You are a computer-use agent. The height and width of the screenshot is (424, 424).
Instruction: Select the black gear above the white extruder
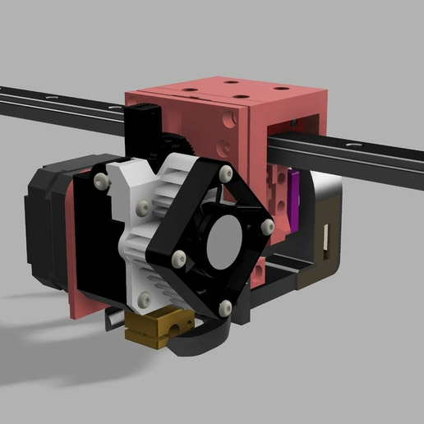[x=182, y=141]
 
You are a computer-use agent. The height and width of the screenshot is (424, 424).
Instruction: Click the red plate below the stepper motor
[x=86, y=304]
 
